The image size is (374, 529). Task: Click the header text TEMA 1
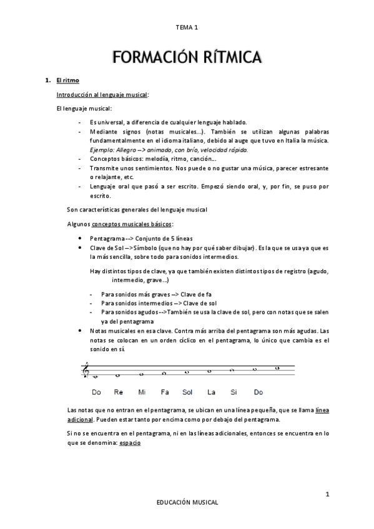[187, 27]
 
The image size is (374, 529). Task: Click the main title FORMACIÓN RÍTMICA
[187, 59]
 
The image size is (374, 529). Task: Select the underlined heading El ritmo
[67, 81]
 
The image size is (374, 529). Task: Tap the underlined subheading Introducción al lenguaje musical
[102, 95]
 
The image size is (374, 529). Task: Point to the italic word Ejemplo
[102, 150]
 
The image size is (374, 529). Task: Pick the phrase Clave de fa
[198, 293]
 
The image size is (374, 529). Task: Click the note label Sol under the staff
[187, 392]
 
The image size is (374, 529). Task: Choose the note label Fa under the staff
[165, 392]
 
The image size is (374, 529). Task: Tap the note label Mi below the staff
[142, 392]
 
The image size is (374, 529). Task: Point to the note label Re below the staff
[119, 392]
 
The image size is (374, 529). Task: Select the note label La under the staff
[211, 392]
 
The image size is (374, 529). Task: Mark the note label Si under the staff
[234, 392]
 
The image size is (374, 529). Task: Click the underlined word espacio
[130, 442]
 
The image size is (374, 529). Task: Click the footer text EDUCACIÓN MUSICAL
[187, 501]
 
